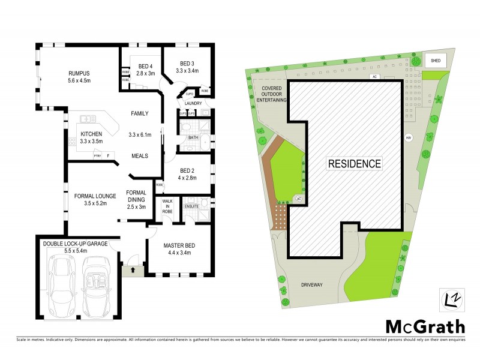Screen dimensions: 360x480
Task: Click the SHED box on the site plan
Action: point(434,61)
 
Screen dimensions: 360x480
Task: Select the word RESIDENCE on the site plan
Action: point(354,163)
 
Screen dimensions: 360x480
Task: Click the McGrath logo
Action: point(424,326)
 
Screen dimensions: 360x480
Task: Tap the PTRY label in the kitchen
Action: point(97,156)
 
